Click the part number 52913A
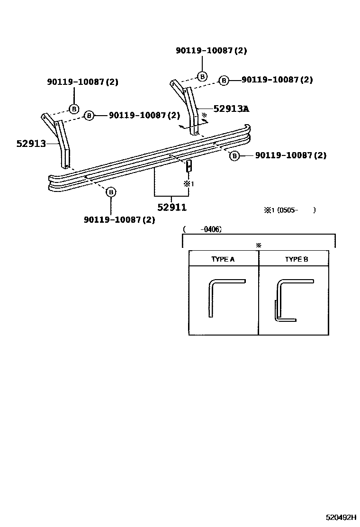[231, 109]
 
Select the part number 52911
[171, 207]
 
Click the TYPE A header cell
[223, 259]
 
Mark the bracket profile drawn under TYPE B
[290, 299]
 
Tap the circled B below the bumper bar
[110, 192]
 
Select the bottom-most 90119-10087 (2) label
[119, 219]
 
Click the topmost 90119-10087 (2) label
[211, 51]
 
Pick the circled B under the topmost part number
[202, 76]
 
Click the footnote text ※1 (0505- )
[290, 210]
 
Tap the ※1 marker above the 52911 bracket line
[189, 183]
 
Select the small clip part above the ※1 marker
[189, 166]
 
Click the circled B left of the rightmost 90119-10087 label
[234, 155]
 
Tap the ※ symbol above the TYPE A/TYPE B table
[259, 245]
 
